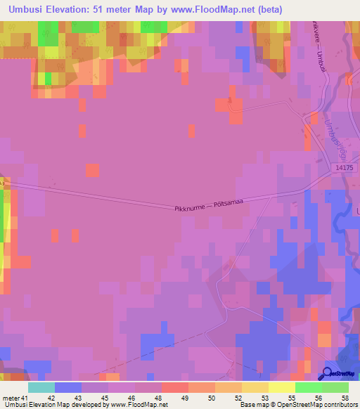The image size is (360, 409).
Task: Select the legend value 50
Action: point(211,398)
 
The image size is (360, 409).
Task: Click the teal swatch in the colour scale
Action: point(41,387)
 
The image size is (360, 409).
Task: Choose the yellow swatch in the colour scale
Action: point(281,387)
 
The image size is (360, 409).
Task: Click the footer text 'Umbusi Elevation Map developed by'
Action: point(53,405)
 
